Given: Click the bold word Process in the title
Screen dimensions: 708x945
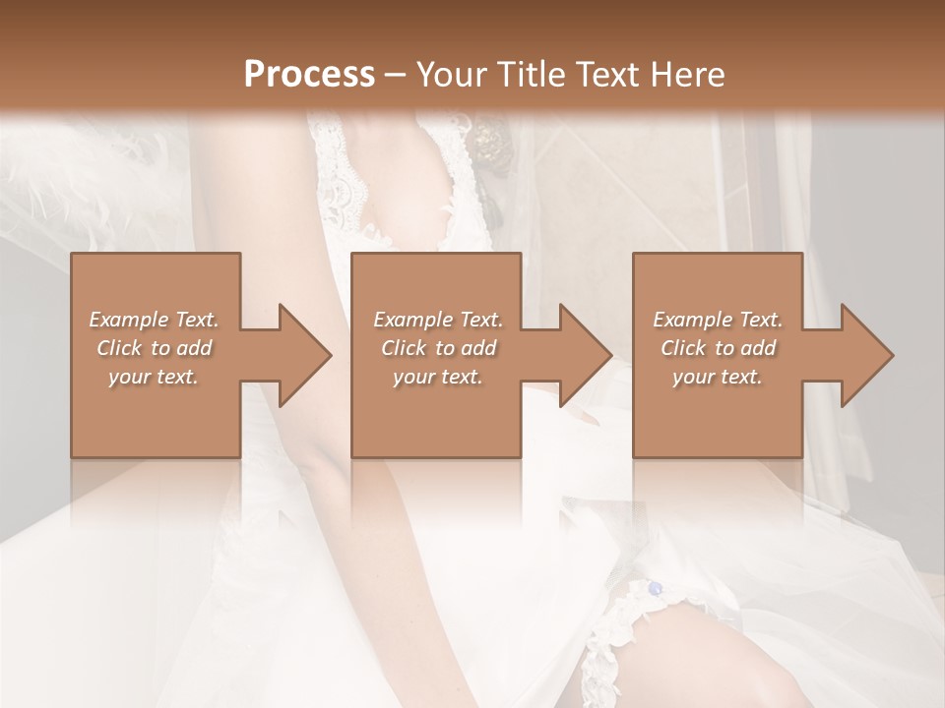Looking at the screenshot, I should click(x=309, y=75).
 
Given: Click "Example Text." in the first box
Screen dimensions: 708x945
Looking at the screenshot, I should click(x=154, y=320).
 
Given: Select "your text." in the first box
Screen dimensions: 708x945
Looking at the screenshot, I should click(x=154, y=377).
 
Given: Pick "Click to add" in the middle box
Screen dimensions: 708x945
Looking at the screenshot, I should click(x=438, y=348).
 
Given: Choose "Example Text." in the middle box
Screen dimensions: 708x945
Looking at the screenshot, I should click(x=438, y=320).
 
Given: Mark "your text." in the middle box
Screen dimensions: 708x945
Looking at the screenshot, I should click(x=438, y=377).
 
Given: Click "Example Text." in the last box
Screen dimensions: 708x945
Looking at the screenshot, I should click(x=718, y=320).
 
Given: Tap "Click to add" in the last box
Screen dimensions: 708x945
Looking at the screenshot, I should click(x=718, y=348).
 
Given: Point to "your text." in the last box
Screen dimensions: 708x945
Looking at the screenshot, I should click(x=718, y=377).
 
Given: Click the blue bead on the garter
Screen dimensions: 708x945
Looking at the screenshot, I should click(x=655, y=588).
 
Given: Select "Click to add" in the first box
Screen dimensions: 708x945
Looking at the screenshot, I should click(x=154, y=348).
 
